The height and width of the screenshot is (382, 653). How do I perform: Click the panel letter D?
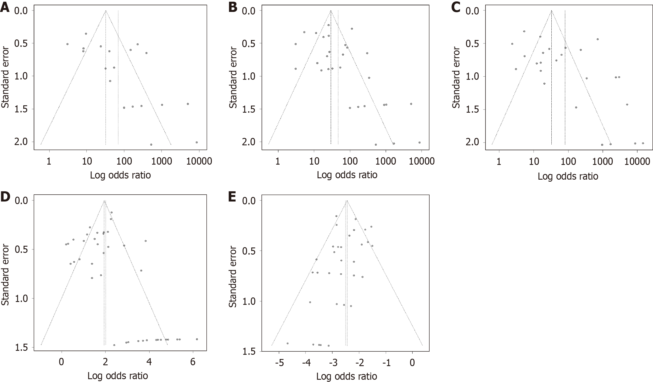[5, 196]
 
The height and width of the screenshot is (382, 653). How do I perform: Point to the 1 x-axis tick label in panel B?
[278, 161]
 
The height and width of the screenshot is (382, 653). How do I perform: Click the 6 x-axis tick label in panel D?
[193, 362]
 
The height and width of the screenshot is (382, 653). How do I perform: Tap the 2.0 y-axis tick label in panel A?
[21, 142]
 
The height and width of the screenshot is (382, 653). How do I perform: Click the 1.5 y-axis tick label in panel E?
[249, 351]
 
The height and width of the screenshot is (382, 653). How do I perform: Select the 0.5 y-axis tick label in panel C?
[472, 43]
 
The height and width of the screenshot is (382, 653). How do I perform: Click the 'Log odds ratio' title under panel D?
[118, 376]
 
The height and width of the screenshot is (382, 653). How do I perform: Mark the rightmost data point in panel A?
[196, 142]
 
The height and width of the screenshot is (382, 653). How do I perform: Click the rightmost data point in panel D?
[197, 339]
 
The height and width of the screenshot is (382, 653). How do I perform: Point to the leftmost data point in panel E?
[287, 343]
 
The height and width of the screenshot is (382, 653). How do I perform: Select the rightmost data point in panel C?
[643, 143]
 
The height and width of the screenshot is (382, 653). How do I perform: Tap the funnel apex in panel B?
[331, 11]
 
